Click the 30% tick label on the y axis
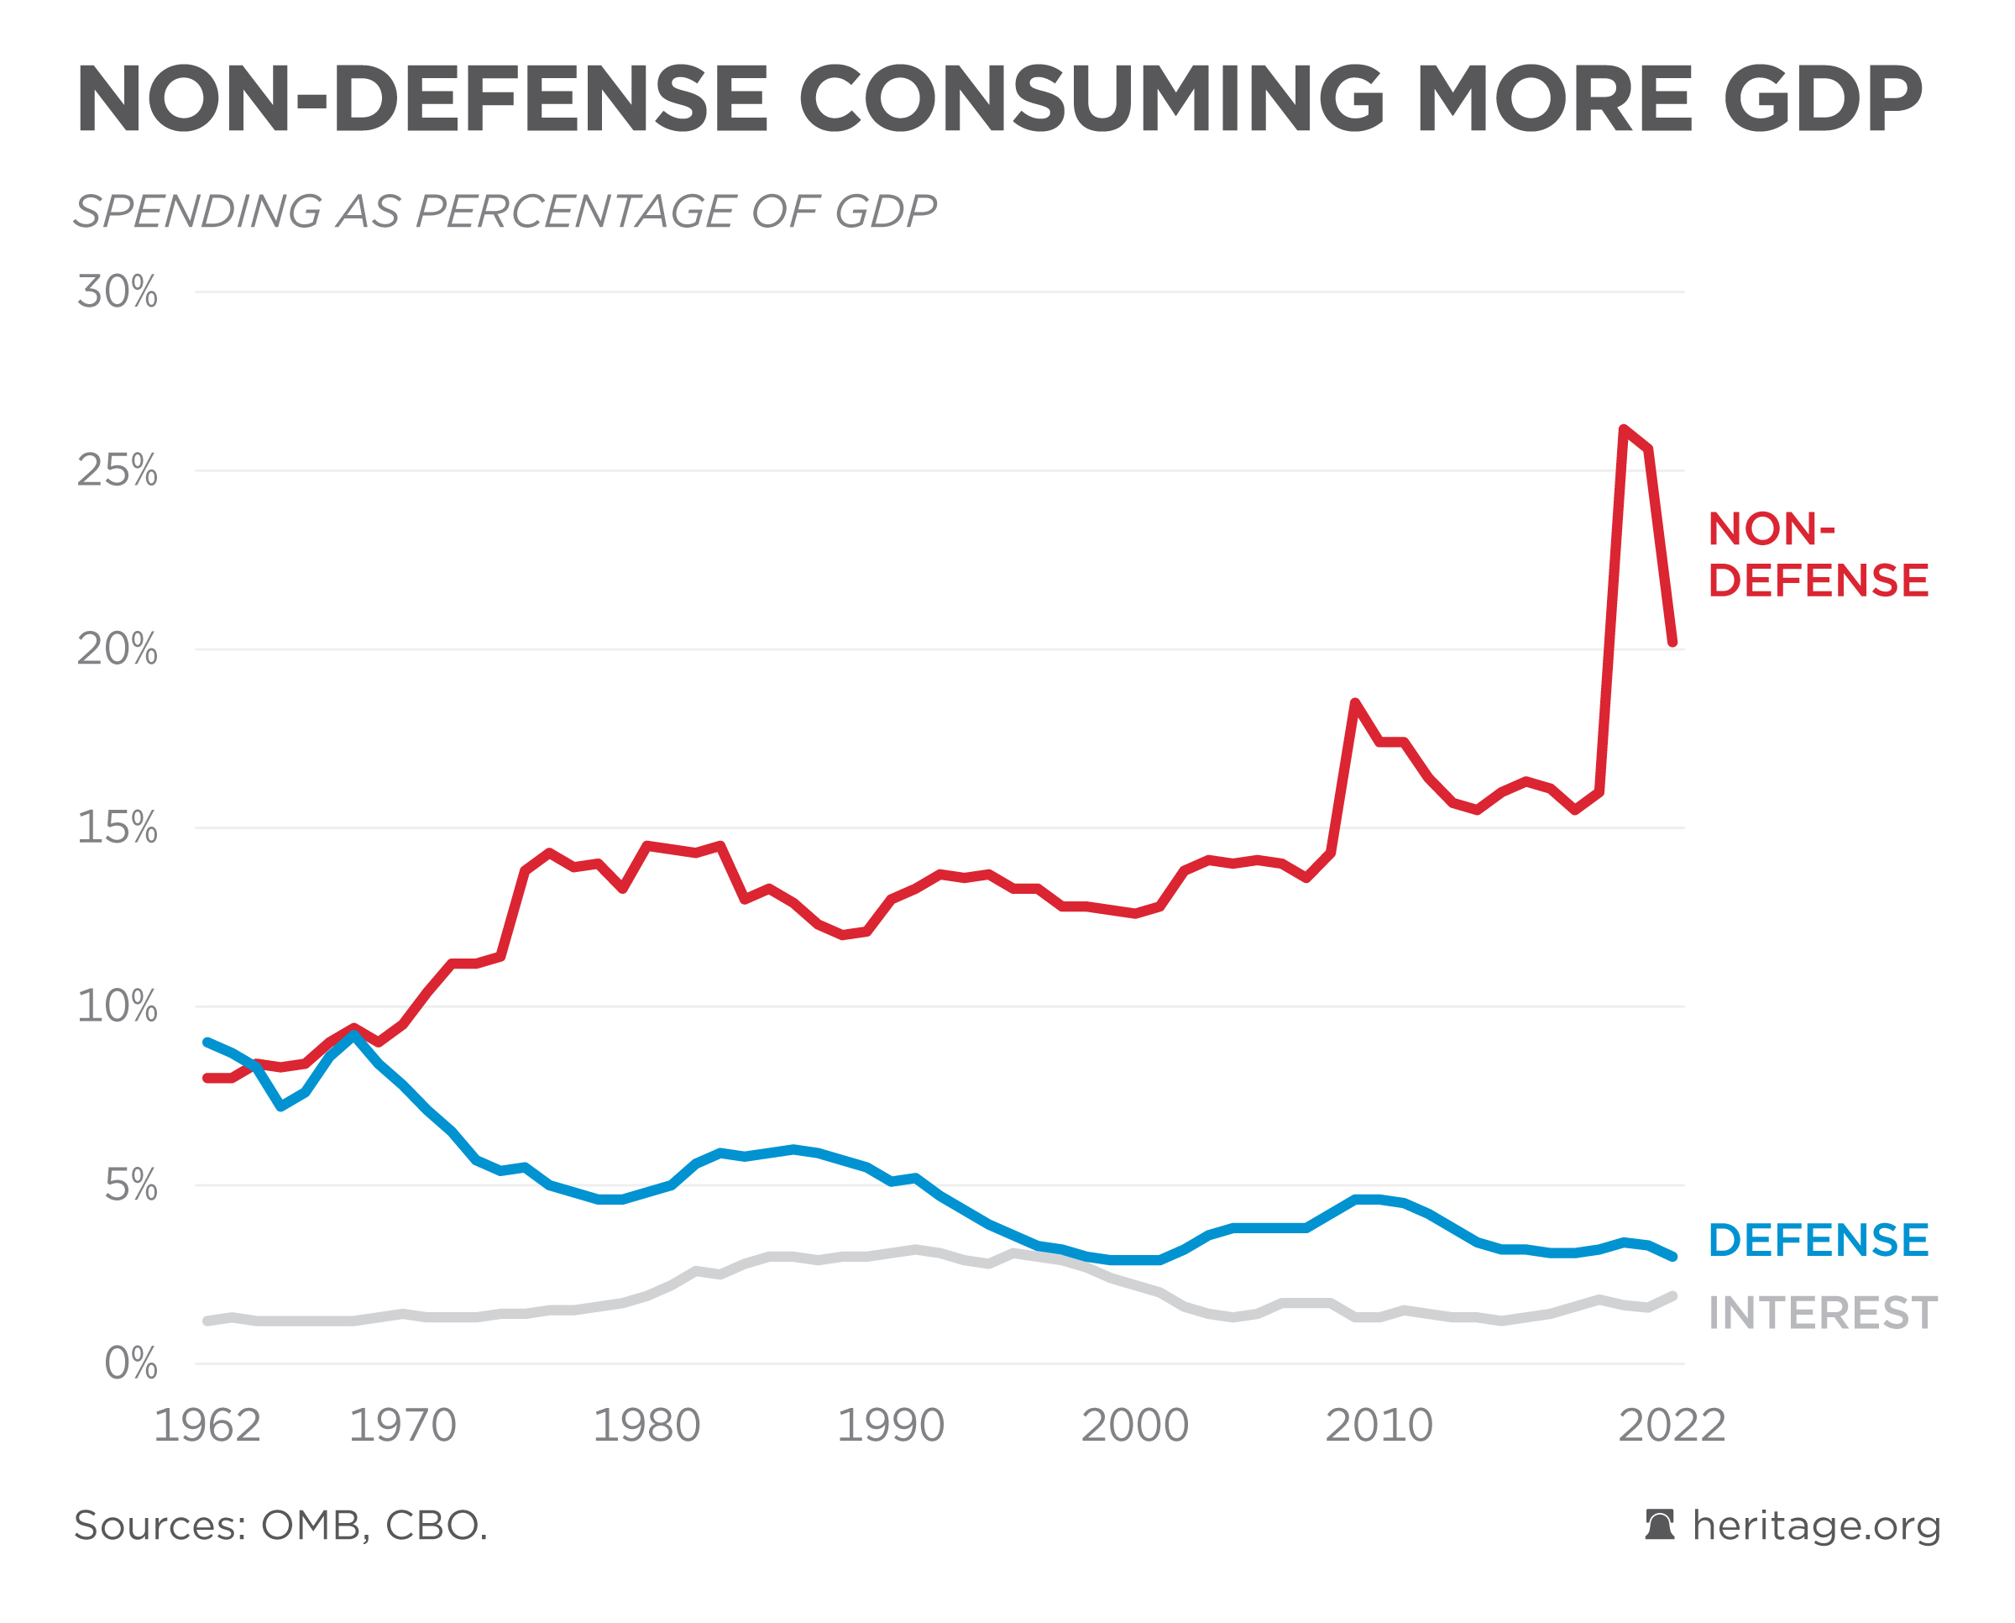tap(118, 292)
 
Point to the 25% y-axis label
tap(118, 470)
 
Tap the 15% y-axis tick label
tap(118, 827)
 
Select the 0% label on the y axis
tap(131, 1363)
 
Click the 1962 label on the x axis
tap(207, 1426)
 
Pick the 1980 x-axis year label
tap(646, 1426)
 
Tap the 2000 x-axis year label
tap(1134, 1426)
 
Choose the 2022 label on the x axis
tap(1672, 1426)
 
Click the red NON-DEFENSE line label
tap(1818, 554)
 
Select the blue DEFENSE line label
tap(1818, 1241)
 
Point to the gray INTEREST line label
tap(1823, 1314)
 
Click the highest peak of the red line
tap(1625, 429)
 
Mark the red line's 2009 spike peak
tap(1354, 702)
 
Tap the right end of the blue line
tap(1672, 1257)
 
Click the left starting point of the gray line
tap(207, 1321)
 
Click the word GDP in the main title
tap(1823, 98)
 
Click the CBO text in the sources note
tap(436, 1526)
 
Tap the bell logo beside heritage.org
tap(1660, 1525)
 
